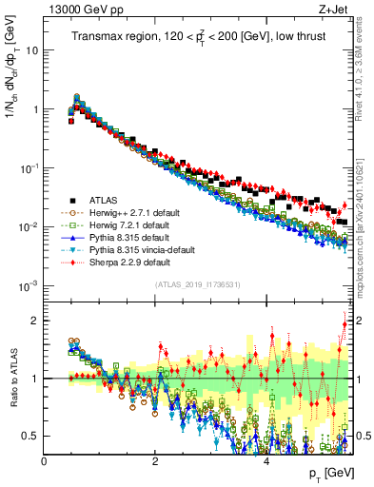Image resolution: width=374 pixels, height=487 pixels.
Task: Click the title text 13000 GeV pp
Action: coord(77,10)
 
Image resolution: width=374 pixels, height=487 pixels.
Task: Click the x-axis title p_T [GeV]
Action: coord(331,473)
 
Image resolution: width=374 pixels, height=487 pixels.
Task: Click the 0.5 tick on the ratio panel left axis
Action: coord(31,436)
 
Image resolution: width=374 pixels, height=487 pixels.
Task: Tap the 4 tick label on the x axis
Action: coord(266,459)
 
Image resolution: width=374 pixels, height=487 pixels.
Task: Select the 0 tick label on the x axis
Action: coord(45,459)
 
